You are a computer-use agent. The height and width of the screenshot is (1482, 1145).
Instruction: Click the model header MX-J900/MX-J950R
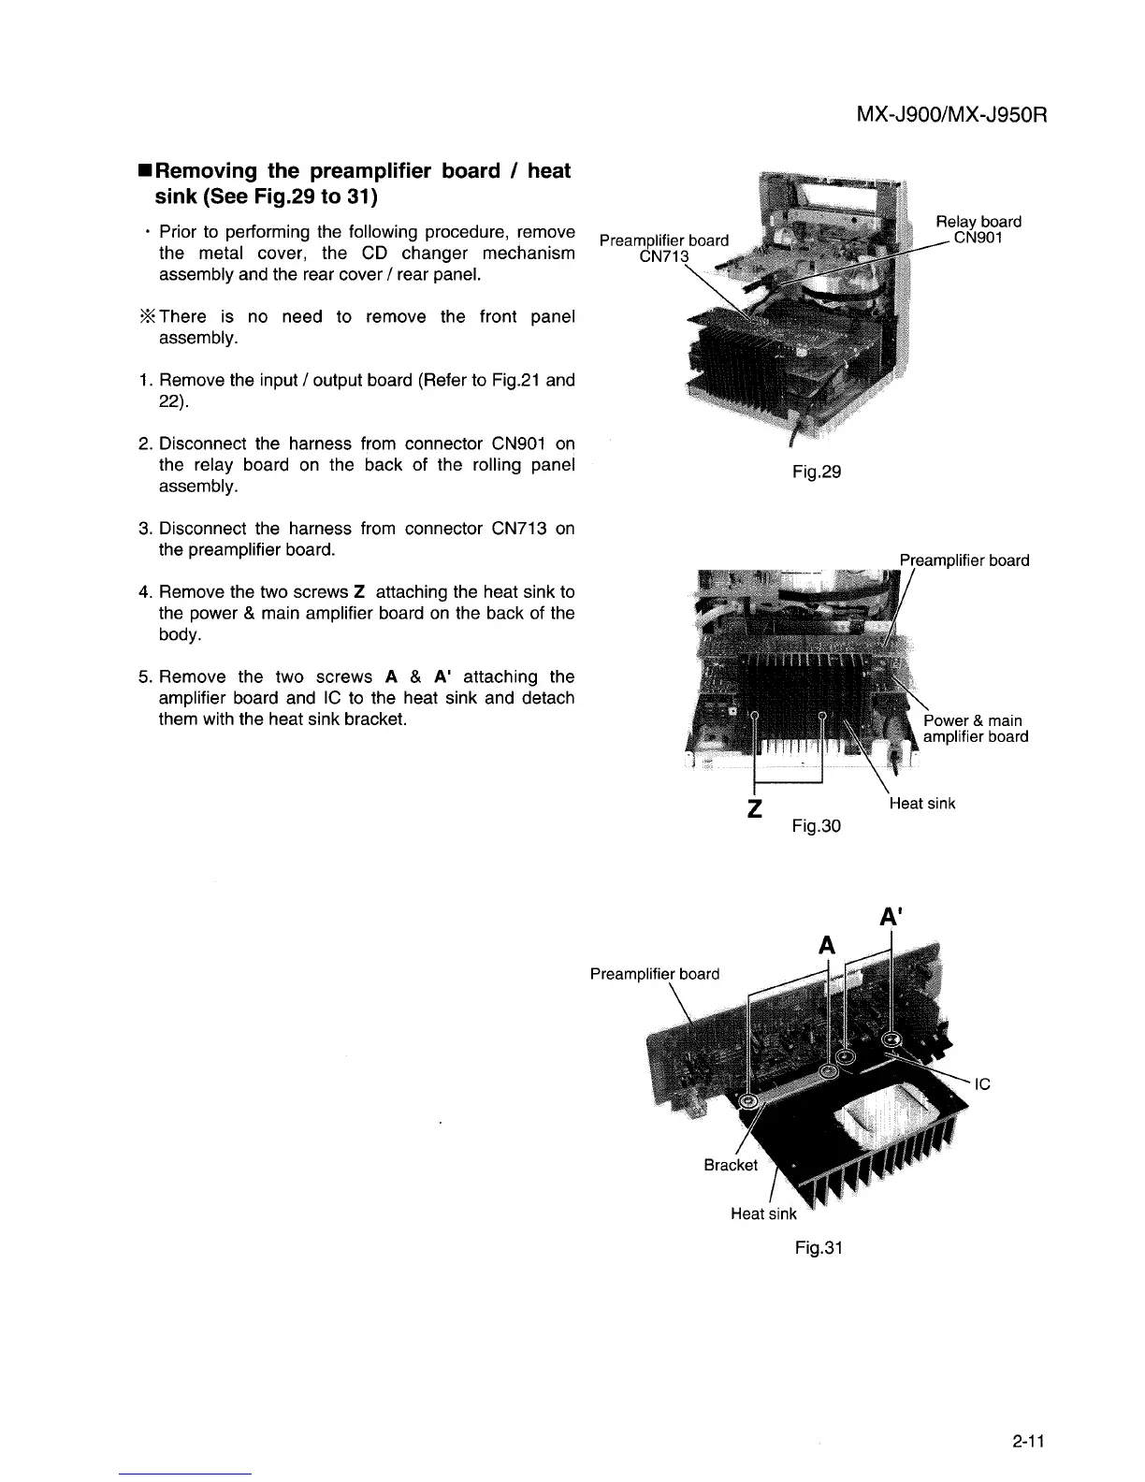tap(949, 116)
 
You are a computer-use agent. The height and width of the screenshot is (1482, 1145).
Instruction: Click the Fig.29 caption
tap(816, 472)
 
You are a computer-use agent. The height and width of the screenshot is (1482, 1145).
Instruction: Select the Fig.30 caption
tap(816, 825)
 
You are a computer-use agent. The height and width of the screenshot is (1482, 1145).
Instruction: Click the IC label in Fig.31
tap(982, 1085)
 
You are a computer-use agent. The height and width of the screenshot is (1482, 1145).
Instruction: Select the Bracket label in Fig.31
tap(731, 1165)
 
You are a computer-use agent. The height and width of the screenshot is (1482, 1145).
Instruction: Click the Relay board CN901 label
tap(978, 230)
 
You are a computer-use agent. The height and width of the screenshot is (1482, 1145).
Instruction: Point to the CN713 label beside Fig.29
tap(663, 257)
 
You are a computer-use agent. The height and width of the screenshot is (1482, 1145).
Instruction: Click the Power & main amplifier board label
tap(975, 728)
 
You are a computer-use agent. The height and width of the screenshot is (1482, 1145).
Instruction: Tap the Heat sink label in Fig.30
tap(921, 803)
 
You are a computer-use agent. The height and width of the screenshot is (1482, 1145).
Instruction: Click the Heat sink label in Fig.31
tap(763, 1213)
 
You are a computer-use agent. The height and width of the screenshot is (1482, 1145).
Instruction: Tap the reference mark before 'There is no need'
tap(146, 317)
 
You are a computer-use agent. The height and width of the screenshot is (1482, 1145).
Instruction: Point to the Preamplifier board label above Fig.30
tap(964, 560)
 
